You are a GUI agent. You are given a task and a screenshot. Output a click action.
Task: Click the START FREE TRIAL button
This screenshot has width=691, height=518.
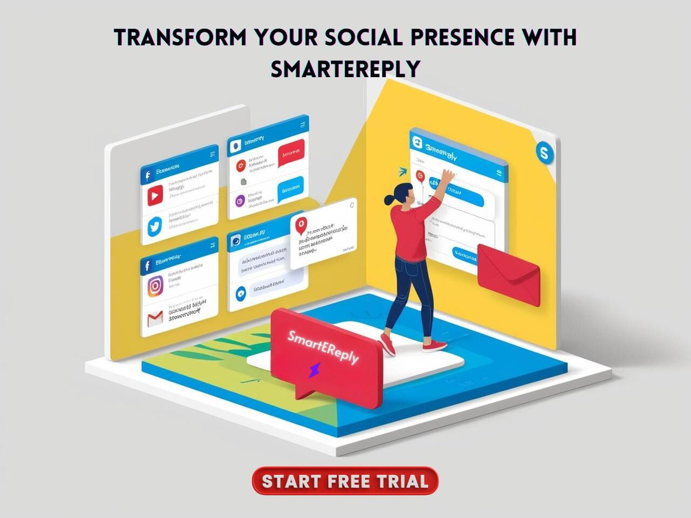tap(345, 481)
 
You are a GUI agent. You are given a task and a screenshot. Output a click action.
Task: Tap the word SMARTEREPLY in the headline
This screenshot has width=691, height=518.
tap(345, 69)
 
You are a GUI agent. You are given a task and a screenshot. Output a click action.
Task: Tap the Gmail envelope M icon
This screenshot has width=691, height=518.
tap(155, 318)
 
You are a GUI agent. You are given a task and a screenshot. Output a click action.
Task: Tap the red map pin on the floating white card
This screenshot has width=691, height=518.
tap(299, 226)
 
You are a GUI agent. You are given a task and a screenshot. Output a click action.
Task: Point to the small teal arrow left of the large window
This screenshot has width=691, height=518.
tap(403, 171)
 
